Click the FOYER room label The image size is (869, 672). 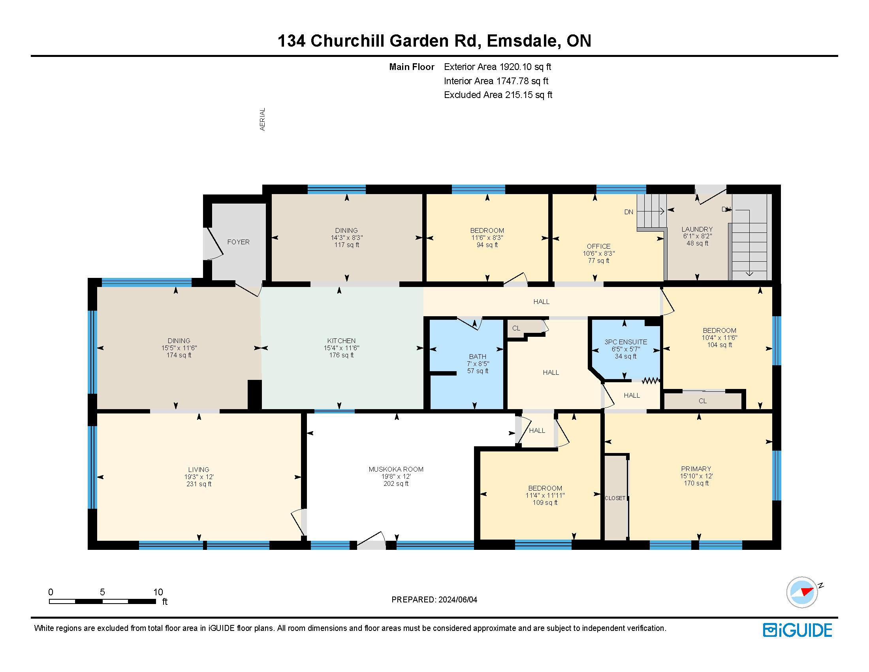point(238,242)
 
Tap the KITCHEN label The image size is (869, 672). point(341,341)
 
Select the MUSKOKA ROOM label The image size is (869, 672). point(396,469)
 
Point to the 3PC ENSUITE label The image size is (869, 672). point(626,342)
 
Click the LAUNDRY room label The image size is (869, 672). point(697,229)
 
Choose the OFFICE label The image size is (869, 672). point(598,246)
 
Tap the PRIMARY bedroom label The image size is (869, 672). point(696,469)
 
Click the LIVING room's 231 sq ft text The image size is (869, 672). point(199,484)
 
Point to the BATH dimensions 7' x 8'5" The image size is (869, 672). point(478,363)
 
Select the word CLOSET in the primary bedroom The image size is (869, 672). point(615,498)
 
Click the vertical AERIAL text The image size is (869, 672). point(262,119)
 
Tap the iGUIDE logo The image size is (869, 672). point(798,630)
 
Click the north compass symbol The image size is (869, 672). point(802,593)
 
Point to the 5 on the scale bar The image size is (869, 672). point(102,592)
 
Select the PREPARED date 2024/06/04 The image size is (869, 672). point(457,600)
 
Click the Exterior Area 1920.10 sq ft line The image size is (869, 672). point(497,67)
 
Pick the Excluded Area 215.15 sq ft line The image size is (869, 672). point(498,95)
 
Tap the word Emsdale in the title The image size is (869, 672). point(522,41)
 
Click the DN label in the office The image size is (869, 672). point(629,212)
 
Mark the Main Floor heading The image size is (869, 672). point(412,67)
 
